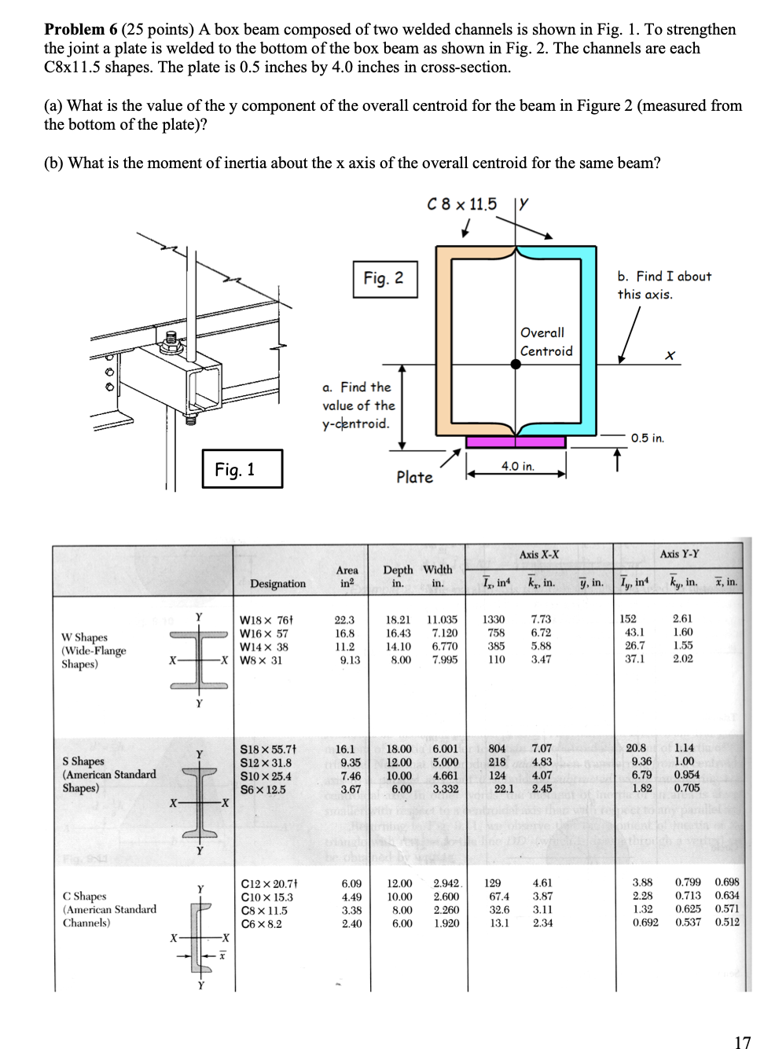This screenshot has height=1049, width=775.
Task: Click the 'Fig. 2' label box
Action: pyautogui.click(x=384, y=278)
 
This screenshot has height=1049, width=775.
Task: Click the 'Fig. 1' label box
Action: pyautogui.click(x=235, y=470)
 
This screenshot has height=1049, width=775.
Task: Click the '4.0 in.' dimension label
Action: pyautogui.click(x=517, y=466)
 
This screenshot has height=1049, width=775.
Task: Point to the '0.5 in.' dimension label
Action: pyautogui.click(x=648, y=438)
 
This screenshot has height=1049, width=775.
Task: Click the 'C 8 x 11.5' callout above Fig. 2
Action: pyautogui.click(x=461, y=204)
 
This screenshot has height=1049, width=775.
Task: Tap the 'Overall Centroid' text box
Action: pyautogui.click(x=546, y=342)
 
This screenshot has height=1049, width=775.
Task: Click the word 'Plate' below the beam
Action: pyautogui.click(x=414, y=477)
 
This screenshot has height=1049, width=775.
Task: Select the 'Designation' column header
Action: pyautogui.click(x=277, y=584)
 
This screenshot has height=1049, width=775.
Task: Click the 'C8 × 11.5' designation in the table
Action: pyautogui.click(x=263, y=911)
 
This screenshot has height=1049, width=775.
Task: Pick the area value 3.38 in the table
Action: pyautogui.click(x=351, y=911)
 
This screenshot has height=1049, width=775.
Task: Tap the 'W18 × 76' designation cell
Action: pyautogui.click(x=265, y=619)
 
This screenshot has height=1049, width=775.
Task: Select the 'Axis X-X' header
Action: pyautogui.click(x=539, y=555)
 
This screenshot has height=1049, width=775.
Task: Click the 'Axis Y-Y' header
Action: pyautogui.click(x=680, y=555)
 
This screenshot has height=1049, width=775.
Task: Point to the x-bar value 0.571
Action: pyautogui.click(x=727, y=911)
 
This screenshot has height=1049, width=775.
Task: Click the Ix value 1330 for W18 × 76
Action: pyautogui.click(x=494, y=619)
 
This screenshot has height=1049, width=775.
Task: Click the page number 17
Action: pyautogui.click(x=742, y=1042)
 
